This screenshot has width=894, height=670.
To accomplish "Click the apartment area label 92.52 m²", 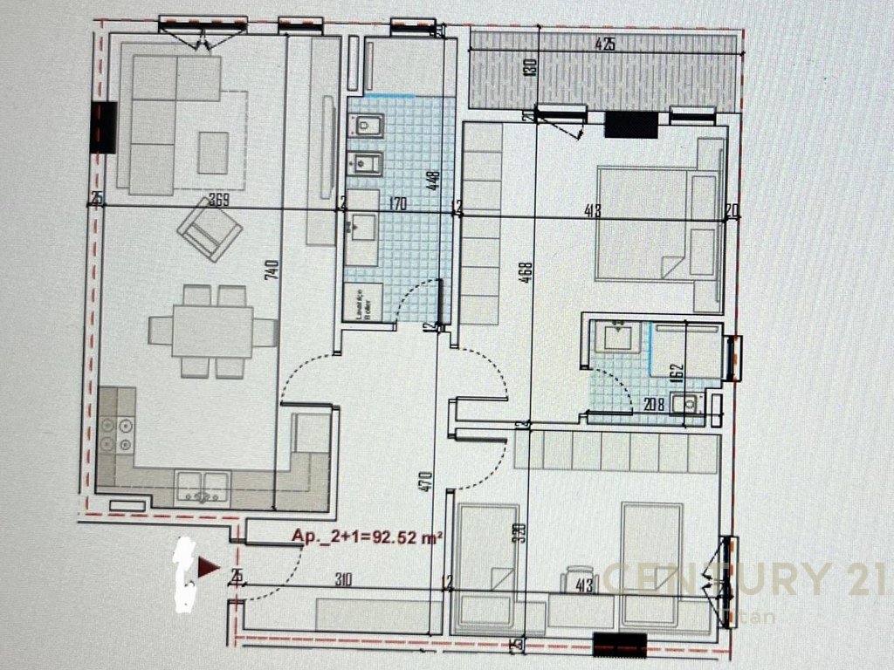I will click(367, 538).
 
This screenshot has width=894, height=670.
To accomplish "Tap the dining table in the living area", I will click(212, 331).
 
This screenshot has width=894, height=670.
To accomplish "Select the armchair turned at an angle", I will click(209, 229).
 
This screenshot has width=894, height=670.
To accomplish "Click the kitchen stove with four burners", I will click(116, 435).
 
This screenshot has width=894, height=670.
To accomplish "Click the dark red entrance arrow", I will click(208, 568).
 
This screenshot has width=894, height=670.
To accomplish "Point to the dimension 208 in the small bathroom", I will click(655, 405).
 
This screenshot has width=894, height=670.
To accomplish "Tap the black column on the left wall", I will click(104, 127).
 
